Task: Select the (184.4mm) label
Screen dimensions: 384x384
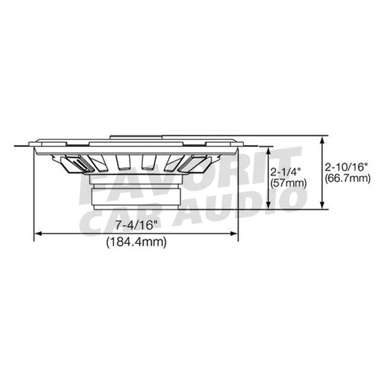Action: pos(136,243)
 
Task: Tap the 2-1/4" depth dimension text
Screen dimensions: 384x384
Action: pos(284,172)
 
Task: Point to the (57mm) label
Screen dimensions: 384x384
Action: pos(287,183)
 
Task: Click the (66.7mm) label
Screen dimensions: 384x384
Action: pos(348,178)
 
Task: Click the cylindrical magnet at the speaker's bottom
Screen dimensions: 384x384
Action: pos(135,195)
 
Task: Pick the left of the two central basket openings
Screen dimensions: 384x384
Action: pos(123,162)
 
